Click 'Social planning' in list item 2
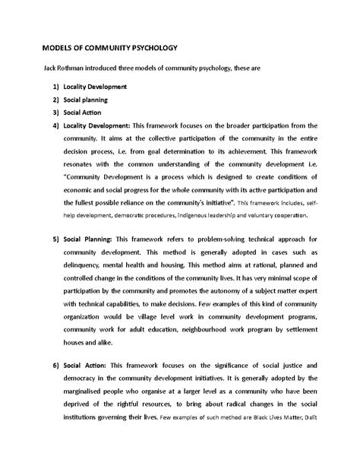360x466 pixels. (85, 100)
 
